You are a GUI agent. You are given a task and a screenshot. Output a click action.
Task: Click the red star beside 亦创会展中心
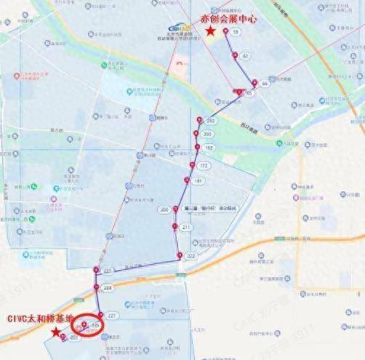click(x=210, y=32)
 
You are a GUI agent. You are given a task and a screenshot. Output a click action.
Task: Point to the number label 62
click(x=245, y=56)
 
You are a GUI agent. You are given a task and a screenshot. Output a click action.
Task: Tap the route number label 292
click(x=211, y=121)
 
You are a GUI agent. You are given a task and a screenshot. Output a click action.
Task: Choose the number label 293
click(x=207, y=135)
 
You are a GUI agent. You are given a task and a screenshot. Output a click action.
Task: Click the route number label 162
click(x=209, y=148)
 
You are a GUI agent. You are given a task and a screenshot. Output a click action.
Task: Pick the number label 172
click(x=204, y=166)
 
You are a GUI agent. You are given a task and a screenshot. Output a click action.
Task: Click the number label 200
click(x=164, y=209)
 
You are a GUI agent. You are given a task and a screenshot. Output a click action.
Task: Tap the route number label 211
click(x=186, y=228)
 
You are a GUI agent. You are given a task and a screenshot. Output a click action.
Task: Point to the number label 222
click(x=191, y=257)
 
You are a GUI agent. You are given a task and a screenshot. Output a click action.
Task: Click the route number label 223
click(x=108, y=271)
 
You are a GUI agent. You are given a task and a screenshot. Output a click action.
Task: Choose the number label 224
click(x=108, y=288)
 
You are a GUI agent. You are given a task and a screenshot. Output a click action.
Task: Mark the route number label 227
click(x=111, y=315)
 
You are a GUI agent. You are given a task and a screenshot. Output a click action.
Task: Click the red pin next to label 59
click(x=225, y=31)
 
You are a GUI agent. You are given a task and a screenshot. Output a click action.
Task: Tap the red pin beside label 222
click(x=180, y=255)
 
